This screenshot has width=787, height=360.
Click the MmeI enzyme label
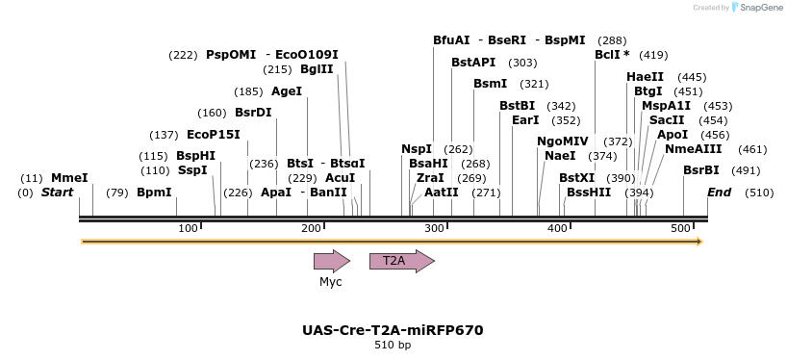(69, 178)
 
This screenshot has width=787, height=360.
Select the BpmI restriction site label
(154, 193)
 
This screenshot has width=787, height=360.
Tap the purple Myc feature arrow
(331, 261)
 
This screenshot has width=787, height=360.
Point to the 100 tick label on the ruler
(189, 227)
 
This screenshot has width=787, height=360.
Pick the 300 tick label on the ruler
(435, 227)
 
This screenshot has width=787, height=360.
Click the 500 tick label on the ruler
(681, 227)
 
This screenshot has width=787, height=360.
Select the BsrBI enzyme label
(701, 170)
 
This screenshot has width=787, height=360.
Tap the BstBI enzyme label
(517, 106)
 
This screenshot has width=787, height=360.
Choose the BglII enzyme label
(317, 69)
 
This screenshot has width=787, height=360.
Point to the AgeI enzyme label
(287, 91)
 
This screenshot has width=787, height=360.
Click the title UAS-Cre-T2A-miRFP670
(393, 330)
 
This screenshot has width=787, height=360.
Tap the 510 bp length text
(393, 346)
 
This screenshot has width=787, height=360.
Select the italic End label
(719, 193)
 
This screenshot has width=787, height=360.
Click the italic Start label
(57, 193)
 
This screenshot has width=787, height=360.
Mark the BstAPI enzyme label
(473, 63)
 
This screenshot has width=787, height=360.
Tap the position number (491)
(746, 170)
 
